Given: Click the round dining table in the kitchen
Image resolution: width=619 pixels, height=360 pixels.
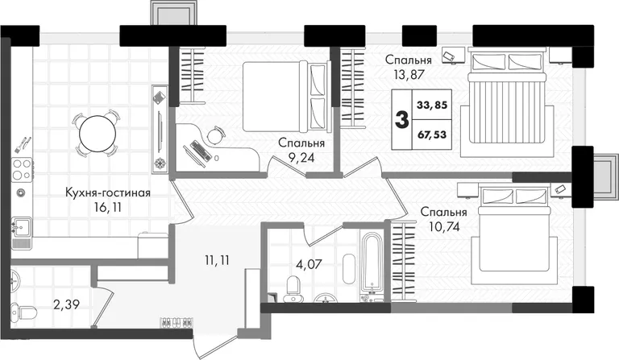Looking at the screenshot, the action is click(98, 134).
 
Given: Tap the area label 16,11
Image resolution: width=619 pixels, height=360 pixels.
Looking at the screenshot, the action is click(107, 207).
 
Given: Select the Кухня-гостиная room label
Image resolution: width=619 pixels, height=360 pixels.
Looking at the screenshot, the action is click(108, 192).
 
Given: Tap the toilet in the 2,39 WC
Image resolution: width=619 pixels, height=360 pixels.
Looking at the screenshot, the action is click(23, 312).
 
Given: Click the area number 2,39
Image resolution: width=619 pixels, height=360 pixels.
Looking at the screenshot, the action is click(67, 304).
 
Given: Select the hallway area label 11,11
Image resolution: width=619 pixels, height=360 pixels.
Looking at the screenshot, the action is click(217, 260).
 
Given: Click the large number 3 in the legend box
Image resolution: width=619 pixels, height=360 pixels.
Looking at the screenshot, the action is click(402, 120).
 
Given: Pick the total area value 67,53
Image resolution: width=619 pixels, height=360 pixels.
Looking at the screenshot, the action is click(432, 134).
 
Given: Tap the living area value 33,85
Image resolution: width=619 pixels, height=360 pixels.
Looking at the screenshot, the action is click(432, 105).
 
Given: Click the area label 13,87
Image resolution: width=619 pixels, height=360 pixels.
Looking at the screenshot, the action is click(408, 74).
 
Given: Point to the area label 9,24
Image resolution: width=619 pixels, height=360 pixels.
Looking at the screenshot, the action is click(301, 157).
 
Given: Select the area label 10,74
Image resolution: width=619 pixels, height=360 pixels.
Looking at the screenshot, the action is click(445, 226).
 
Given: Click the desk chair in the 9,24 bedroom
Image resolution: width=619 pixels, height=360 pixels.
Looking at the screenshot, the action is click(215, 135).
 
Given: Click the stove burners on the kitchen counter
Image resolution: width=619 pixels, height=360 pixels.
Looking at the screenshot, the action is click(22, 169).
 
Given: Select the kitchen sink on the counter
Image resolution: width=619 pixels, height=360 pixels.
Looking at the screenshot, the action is click(22, 227).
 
